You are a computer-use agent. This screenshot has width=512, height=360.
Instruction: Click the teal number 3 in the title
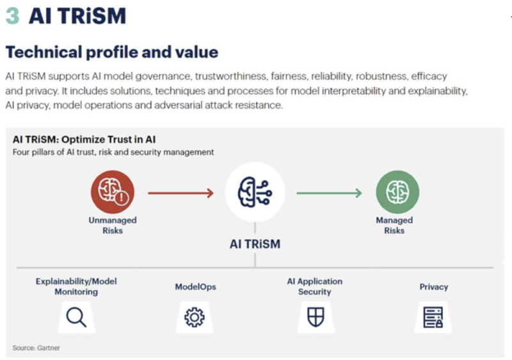13,16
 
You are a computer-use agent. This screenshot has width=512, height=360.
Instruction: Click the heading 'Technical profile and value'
112,52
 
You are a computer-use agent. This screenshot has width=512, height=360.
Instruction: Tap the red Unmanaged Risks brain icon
113,192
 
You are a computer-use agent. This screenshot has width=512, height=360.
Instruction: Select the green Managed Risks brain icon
397,192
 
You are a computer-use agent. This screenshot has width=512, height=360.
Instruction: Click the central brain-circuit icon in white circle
255,192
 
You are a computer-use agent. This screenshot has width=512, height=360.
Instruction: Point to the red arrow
181,193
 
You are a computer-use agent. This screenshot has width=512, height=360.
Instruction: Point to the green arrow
329,193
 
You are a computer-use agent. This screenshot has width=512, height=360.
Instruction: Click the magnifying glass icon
76,317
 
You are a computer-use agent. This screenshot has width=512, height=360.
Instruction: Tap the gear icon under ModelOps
195,317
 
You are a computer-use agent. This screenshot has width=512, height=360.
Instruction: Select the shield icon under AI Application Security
316,317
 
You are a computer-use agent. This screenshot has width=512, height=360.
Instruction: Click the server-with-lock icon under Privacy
433,317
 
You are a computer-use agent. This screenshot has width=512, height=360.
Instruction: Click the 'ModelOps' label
196,287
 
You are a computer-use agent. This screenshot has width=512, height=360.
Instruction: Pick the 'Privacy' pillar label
434,287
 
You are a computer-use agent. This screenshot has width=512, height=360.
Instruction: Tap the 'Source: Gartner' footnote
36,348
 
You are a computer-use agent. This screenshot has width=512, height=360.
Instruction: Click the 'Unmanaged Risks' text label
113,225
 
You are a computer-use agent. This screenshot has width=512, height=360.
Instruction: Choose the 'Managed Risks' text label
394,225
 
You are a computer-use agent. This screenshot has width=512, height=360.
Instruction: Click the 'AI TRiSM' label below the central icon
255,244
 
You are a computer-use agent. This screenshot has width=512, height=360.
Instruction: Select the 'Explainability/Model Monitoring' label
76,286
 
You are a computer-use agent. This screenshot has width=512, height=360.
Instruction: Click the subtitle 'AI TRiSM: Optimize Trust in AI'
84,140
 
